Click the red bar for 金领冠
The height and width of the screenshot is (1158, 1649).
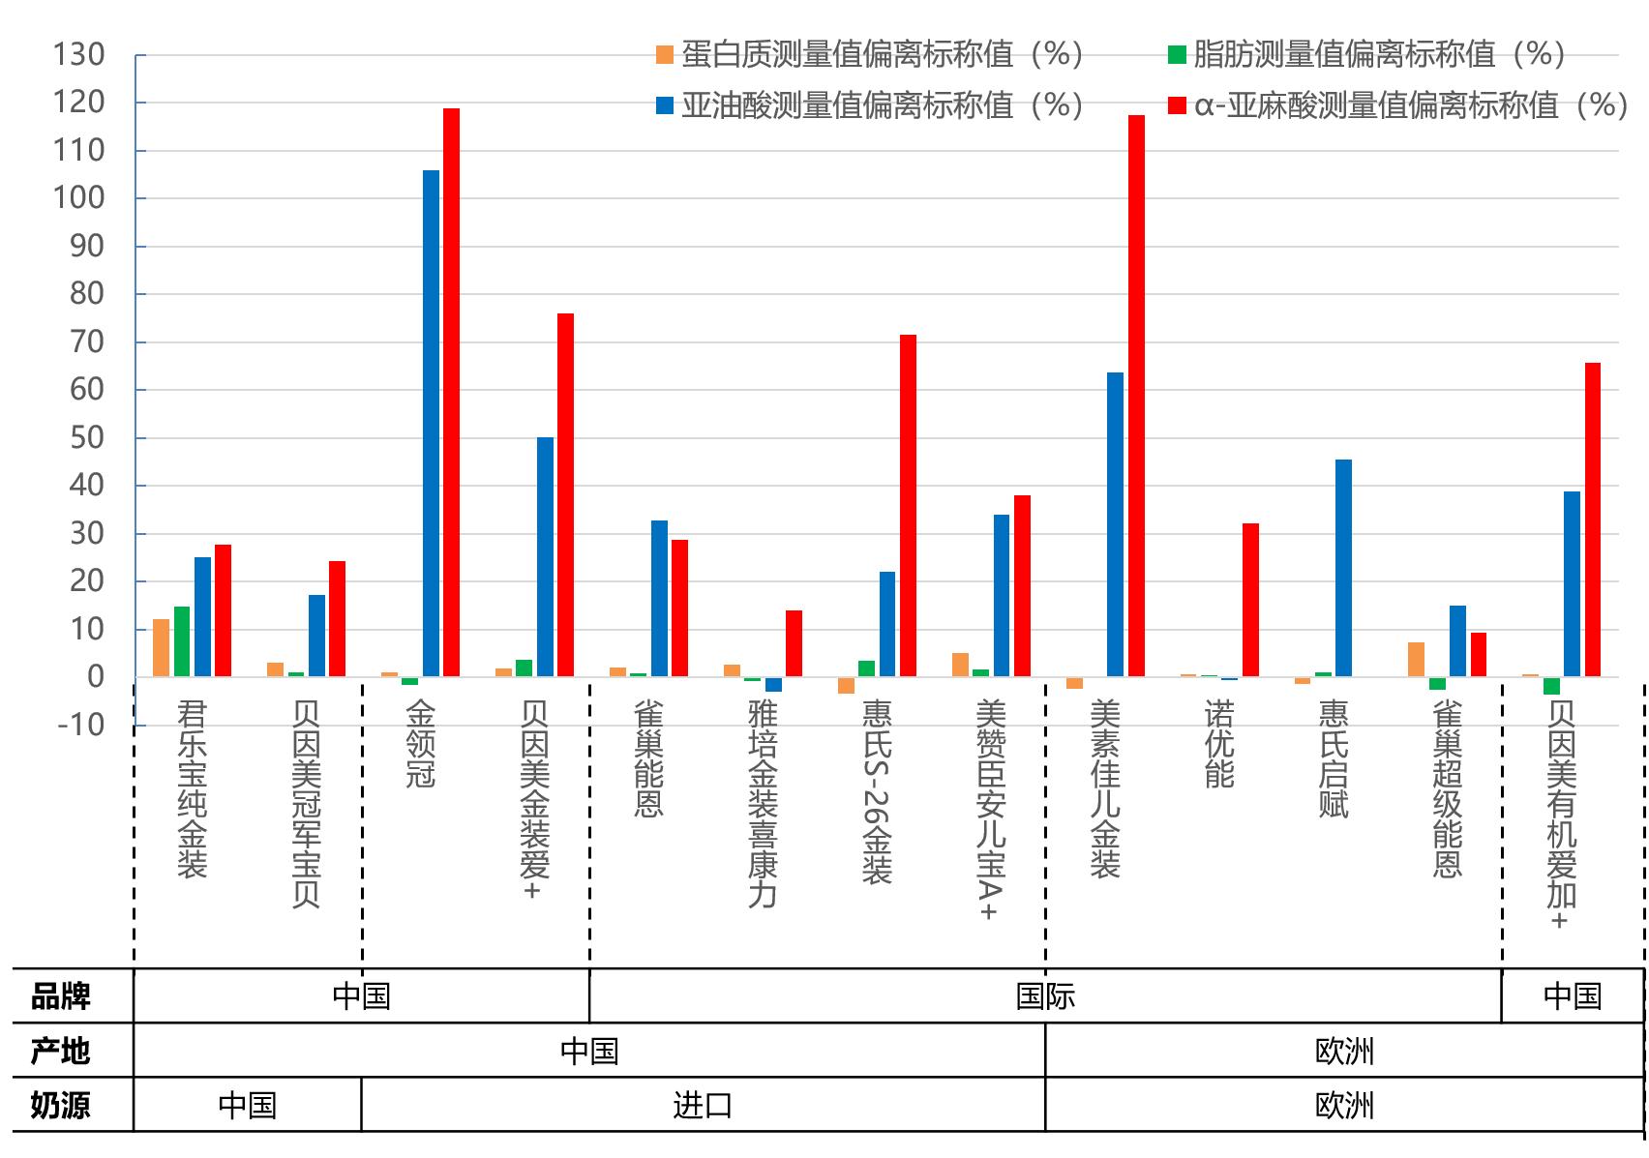(451, 392)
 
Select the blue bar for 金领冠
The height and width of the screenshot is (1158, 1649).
(431, 423)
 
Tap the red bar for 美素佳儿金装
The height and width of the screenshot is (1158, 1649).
(1136, 396)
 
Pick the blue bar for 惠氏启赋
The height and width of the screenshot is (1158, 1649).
(1343, 568)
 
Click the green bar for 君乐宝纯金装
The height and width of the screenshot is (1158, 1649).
(182, 641)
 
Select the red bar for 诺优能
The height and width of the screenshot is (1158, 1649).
(1250, 600)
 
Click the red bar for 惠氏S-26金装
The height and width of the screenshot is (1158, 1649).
(908, 505)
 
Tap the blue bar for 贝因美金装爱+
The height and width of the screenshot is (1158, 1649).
(545, 556)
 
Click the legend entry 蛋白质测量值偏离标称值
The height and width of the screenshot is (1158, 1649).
(871, 54)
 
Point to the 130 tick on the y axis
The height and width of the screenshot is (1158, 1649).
(79, 55)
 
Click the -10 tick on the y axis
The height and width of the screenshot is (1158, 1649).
(81, 725)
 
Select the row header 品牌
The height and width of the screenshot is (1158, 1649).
(60, 996)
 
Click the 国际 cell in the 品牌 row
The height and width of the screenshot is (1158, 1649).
(1045, 996)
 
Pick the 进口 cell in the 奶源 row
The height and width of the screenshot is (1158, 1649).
(703, 1105)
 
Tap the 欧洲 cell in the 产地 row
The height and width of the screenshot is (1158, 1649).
(1344, 1051)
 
